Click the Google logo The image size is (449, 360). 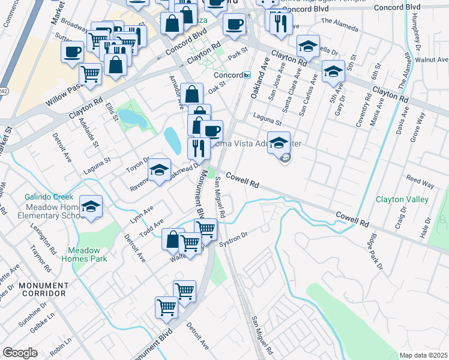(20, 353)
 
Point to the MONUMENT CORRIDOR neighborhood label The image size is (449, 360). (42, 289)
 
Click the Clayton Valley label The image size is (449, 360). (402, 200)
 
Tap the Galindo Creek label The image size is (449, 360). (49, 197)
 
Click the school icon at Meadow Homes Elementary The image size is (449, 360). (91, 207)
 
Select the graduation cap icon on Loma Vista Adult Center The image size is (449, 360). (279, 143)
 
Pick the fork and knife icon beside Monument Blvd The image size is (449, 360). (198, 148)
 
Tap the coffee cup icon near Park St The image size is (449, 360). (234, 25)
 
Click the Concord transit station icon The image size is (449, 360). (247, 75)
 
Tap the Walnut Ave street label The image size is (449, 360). (436, 60)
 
